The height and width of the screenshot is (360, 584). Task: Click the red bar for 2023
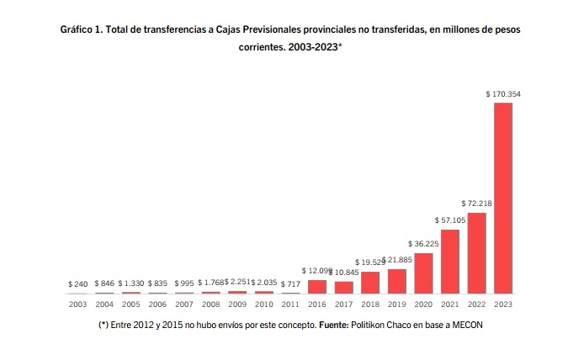tap(503, 198)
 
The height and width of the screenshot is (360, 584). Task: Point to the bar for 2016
tap(317, 286)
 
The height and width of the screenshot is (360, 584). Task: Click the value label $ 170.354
tap(503, 94)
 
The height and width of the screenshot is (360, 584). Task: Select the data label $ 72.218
tap(477, 204)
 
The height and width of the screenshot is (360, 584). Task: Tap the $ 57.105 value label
tap(450, 220)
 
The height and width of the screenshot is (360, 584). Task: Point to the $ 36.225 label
tap(423, 244)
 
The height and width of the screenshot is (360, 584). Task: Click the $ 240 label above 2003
tap(77, 284)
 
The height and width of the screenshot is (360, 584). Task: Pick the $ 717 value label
tap(290, 284)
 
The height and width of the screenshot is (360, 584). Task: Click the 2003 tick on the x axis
tap(77, 304)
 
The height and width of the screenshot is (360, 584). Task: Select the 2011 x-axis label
tap(290, 304)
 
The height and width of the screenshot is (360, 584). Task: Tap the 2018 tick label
tap(370, 304)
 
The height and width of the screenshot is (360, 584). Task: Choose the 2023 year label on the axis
tap(503, 304)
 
